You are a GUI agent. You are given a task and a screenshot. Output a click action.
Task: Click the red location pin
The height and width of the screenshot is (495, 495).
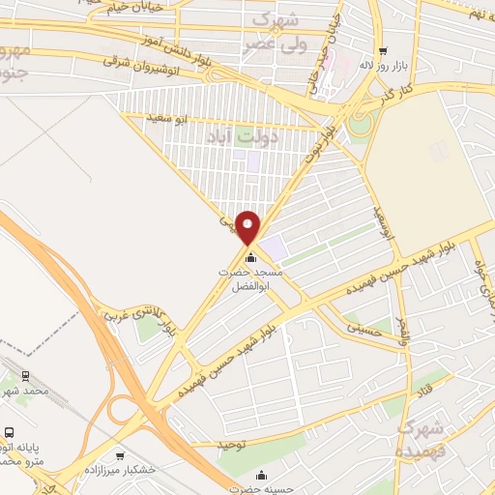click(249, 227)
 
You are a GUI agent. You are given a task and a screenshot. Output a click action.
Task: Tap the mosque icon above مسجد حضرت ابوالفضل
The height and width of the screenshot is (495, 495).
click(251, 257)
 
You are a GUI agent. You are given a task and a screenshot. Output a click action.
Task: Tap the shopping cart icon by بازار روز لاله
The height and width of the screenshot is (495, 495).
click(384, 51)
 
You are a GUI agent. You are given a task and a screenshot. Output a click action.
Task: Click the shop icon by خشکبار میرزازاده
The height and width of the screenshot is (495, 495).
click(120, 456)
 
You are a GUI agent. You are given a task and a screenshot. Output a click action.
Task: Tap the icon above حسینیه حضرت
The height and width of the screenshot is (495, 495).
click(261, 475)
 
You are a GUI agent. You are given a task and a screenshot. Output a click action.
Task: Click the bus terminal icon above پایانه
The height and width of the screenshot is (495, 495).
click(10, 433)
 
